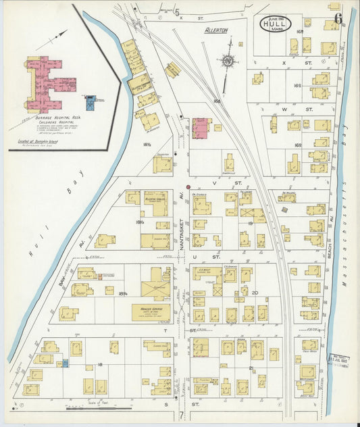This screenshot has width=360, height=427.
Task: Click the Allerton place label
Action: click(x=216, y=30)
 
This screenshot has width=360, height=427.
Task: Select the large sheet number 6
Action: click(x=336, y=7)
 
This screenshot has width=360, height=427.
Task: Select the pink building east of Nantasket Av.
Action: click(x=201, y=128)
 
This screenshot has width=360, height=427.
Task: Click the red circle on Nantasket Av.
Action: click(x=188, y=186)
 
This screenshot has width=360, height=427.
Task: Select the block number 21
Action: click(x=251, y=368)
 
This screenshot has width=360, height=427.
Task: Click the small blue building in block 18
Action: click(x=65, y=363)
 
